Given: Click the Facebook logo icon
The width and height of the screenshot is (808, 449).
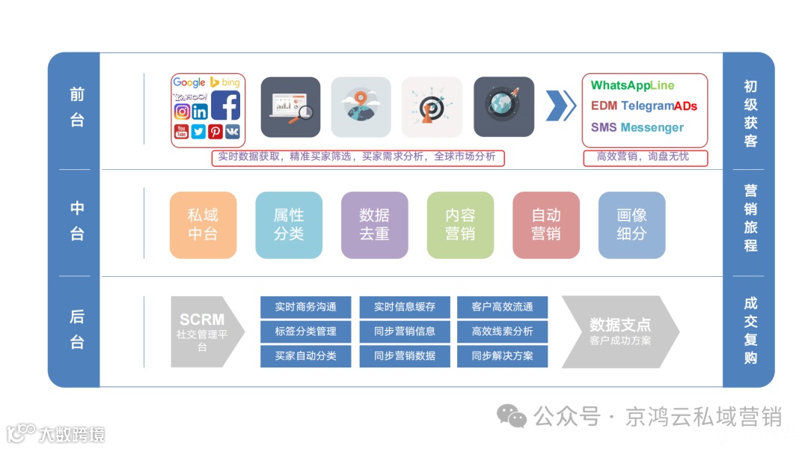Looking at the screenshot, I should pos(225,106).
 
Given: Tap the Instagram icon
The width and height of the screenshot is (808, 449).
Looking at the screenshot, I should pos(182,112).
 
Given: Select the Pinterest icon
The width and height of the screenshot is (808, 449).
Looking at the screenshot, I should pos(215,132).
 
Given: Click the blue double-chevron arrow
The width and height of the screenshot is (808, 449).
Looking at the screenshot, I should pos(560,106).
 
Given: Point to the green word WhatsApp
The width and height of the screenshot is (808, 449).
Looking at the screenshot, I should pos(618,86).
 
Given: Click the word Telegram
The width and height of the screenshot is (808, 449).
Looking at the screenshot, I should pos(647,106).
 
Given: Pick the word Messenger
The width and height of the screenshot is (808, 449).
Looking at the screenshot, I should pos(652,127).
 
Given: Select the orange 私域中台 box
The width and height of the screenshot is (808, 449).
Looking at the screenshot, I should pos(203,224).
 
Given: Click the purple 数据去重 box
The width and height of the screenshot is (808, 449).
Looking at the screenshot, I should pos(374,224).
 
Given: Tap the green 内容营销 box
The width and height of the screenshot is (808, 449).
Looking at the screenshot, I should pos(460,224).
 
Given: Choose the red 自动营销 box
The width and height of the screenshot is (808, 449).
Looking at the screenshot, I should pos(546,224).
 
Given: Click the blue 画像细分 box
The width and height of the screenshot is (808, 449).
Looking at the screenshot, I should pos(631,224).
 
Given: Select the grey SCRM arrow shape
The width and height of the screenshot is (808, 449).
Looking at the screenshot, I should pos(203,332).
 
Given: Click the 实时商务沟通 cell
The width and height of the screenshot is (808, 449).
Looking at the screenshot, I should pos(305,307).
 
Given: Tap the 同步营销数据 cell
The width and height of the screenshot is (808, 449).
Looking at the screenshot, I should pos(405,356).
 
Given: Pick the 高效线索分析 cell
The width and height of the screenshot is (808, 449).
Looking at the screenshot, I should pos(502,332).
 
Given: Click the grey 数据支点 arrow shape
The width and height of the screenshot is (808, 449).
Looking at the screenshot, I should pos(618,332).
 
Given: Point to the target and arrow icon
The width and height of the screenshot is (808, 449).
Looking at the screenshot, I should pos(432,107).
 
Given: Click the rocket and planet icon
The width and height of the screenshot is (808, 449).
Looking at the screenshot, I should pos(504,107).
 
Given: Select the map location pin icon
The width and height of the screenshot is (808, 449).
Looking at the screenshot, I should pos(361,107).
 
